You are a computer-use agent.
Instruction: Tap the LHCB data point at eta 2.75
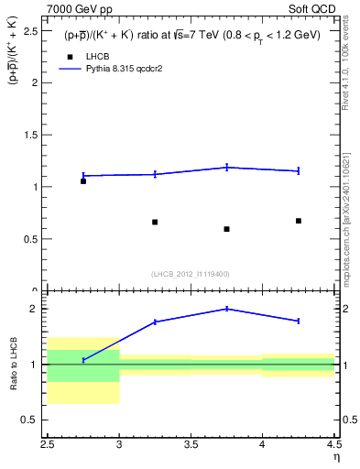(x=83, y=181)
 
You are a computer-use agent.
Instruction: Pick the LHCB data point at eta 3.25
(x=155, y=222)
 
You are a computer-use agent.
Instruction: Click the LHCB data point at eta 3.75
(x=226, y=229)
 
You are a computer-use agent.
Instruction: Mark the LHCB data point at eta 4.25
(x=299, y=221)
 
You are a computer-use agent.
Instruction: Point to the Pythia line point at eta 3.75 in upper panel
(x=226, y=167)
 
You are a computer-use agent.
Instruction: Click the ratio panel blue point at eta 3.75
(x=226, y=309)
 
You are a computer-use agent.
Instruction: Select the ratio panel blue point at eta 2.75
(x=83, y=360)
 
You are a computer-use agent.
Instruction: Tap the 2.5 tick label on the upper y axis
(x=32, y=30)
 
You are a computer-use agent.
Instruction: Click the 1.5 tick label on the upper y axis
(x=32, y=135)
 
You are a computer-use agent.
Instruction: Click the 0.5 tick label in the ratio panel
(x=32, y=420)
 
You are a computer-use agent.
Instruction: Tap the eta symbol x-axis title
(x=335, y=457)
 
